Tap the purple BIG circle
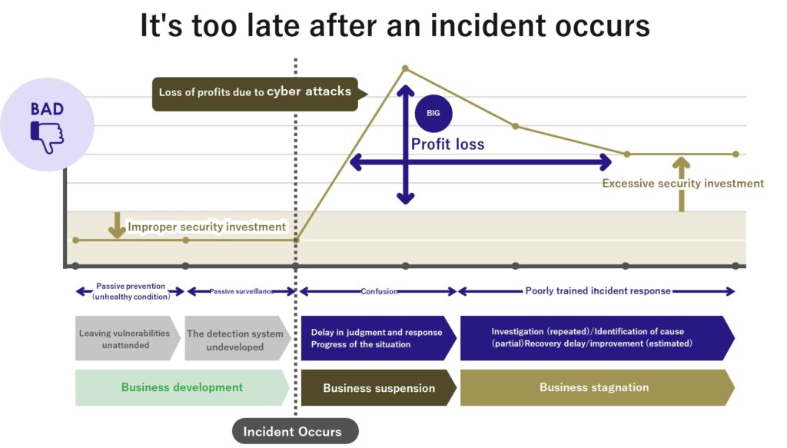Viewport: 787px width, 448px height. pos(433,114)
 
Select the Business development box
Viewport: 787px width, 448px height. pos(181,387)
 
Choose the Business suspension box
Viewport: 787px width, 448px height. pos(378,387)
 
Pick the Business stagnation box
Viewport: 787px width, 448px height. pos(594,387)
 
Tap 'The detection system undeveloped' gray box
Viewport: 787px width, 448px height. pos(235,339)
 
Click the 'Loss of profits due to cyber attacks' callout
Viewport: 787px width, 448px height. pos(255,92)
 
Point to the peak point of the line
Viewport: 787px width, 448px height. pos(405,68)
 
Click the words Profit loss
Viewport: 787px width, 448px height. pos(447,144)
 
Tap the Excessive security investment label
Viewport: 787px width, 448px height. pos(682,184)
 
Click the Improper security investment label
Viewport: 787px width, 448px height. pos(207,227)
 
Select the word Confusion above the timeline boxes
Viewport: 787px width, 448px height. pos(378,291)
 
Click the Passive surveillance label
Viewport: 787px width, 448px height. pos(241,291)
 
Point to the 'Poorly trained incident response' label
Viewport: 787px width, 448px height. pos(597,291)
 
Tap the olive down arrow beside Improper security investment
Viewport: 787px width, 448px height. pos(117,225)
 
